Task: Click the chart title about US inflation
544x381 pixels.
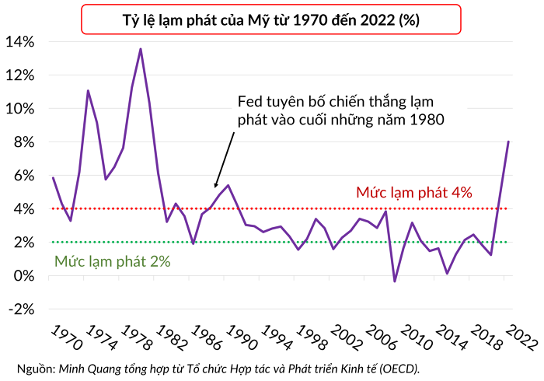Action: pos(272,20)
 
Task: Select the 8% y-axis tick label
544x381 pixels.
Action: pos(23,142)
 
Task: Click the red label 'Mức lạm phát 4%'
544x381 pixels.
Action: pos(414,192)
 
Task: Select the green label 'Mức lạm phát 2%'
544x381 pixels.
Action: pos(112,262)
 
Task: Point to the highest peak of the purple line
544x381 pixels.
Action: pos(141,49)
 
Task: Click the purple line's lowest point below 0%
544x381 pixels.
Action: pos(395,281)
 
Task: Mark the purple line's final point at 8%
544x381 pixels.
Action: pos(508,142)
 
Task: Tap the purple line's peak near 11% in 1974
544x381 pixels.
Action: pos(88,90)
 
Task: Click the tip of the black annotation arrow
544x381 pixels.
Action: pos(214,187)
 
